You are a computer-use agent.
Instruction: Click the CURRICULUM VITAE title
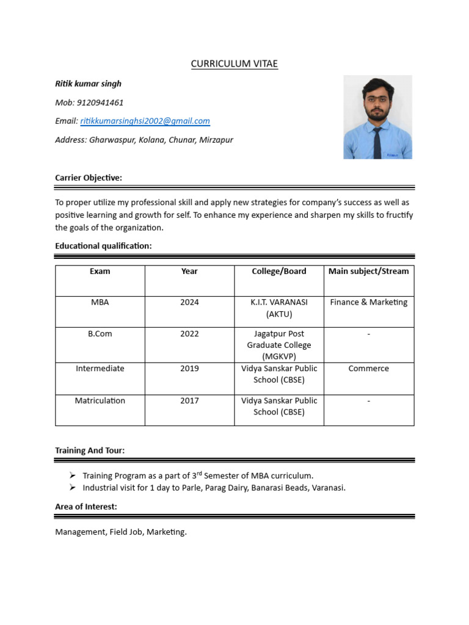point(234,63)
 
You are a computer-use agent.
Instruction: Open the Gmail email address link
point(145,121)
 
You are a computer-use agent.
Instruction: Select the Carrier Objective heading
point(89,178)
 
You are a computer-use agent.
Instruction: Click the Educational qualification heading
point(103,245)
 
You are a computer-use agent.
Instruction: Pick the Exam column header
point(100,272)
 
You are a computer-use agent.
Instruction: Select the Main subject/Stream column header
point(368,272)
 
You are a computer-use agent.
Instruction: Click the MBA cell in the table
point(100,303)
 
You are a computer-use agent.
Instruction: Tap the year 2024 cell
point(189,303)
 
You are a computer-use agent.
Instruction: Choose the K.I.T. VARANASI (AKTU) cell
point(279,308)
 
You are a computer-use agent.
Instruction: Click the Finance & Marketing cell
point(368,303)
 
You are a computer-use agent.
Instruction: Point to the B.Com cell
point(100,334)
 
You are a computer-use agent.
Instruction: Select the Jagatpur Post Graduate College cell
point(279,345)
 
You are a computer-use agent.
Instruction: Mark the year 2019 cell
point(189,369)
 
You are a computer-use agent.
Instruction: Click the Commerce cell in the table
point(368,369)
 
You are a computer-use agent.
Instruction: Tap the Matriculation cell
point(100,401)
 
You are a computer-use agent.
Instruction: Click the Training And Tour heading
point(90,450)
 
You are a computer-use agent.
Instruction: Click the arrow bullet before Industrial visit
point(72,488)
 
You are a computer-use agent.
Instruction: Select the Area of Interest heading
point(86,507)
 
